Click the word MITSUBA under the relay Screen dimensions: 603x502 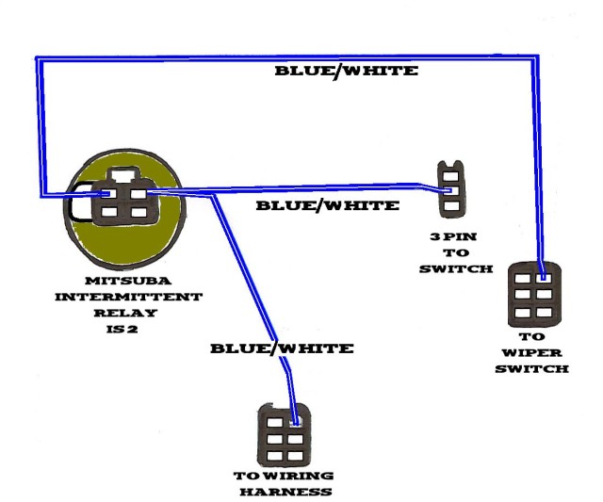click(x=128, y=281)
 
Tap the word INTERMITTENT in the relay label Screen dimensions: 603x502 click(x=128, y=297)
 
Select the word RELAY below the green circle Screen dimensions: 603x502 click(x=125, y=313)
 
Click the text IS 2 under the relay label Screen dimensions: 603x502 click(x=122, y=329)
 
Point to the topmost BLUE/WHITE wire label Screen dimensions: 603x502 click(x=346, y=72)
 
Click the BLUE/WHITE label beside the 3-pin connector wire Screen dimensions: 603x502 click(x=328, y=205)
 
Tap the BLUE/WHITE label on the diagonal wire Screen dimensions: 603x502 click(x=282, y=348)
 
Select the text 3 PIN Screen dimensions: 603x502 click(x=453, y=236)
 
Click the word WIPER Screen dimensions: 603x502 click(x=531, y=353)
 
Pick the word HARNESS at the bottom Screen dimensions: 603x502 click(x=285, y=492)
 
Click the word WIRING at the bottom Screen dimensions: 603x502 click(x=299, y=476)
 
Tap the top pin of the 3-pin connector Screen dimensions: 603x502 click(x=451, y=176)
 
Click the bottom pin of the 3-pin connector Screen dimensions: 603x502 click(x=451, y=206)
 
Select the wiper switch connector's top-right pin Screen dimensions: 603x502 click(x=545, y=278)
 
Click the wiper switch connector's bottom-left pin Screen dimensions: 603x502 click(x=522, y=313)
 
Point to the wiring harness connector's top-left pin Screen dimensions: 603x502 click(x=274, y=423)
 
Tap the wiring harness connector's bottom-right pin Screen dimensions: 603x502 click(x=295, y=456)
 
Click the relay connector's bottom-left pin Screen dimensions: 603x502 click(x=109, y=212)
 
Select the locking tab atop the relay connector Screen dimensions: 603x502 click(x=123, y=175)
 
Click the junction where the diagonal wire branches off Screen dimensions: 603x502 click(x=214, y=196)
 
